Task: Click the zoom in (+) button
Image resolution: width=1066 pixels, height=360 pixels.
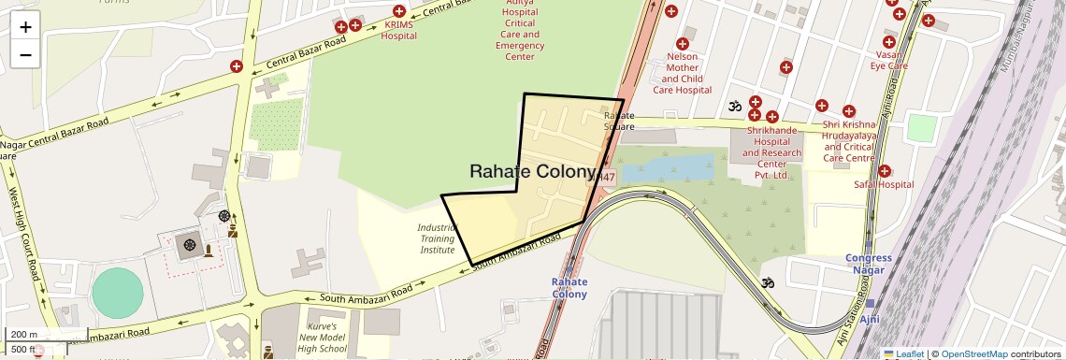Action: pos(25,26)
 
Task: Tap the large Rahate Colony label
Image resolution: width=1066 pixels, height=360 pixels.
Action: pos(532,171)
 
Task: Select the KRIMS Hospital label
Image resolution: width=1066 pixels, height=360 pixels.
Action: pos(399,30)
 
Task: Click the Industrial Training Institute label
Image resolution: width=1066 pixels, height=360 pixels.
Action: pos(436,238)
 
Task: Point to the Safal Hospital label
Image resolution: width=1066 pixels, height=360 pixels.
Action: pos(883,184)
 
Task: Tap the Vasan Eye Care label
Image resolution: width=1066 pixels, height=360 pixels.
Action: pos(888,60)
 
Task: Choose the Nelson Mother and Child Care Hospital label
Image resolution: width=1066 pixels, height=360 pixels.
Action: pos(682,73)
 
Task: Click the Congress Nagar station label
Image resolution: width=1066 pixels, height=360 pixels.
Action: pos(869,265)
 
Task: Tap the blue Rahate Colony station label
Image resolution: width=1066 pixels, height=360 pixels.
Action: pos(569,287)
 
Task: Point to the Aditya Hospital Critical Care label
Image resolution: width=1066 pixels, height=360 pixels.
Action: pos(520,34)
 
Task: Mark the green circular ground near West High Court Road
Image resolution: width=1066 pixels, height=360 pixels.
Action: pos(119,294)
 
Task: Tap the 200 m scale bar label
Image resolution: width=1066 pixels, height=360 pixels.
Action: pos(25,334)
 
